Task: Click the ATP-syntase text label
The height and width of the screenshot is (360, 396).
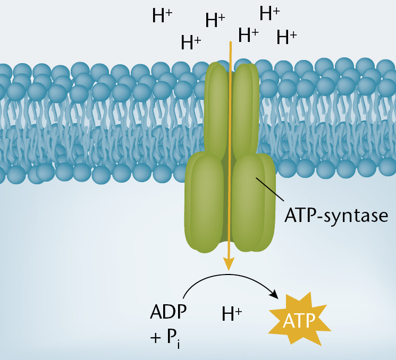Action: (336, 216)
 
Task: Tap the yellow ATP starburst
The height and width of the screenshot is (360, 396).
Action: (300, 319)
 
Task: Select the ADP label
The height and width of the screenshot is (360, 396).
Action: (168, 312)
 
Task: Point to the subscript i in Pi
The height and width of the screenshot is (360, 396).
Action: (179, 344)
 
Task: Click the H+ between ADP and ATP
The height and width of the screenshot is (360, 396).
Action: (232, 314)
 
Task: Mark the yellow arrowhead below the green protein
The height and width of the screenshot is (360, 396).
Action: (229, 264)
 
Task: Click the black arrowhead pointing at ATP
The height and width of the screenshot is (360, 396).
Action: (274, 295)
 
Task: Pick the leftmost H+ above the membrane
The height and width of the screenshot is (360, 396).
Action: (162, 15)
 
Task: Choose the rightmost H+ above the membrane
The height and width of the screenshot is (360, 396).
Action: (287, 37)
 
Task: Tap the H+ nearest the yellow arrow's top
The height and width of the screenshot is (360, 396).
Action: (248, 35)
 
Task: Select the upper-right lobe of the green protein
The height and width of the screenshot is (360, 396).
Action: (246, 109)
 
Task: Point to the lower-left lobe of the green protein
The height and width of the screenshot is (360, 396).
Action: (204, 202)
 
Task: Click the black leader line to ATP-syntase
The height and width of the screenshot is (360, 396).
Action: (269, 190)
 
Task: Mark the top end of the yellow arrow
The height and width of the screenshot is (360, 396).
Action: (231, 42)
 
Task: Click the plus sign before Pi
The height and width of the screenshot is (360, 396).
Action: (156, 338)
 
